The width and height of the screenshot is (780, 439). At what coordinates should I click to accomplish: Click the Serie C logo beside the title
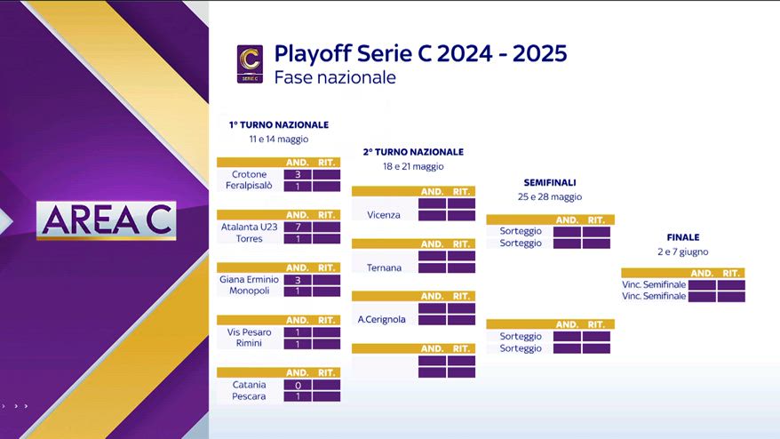250,64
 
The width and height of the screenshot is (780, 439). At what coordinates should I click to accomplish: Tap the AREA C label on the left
106,220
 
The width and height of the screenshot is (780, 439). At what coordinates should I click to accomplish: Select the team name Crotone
250,174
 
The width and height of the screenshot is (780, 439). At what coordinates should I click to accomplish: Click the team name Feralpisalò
250,186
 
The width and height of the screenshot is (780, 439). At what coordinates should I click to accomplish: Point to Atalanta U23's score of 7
298,227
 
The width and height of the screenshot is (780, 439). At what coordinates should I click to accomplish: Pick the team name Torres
250,238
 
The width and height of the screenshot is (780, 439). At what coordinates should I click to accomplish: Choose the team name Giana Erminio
250,279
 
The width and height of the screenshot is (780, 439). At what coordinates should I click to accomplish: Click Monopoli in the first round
250,291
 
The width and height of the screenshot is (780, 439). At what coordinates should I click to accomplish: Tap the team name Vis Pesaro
250,332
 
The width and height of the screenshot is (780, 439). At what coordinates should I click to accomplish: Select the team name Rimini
249,343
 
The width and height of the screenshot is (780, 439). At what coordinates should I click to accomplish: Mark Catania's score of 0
298,385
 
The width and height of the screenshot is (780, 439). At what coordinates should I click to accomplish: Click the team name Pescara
249,396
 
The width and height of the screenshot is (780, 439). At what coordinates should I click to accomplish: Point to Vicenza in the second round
384,215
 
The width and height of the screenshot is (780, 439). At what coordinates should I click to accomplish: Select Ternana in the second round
384,267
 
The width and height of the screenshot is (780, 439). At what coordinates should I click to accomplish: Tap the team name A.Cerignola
381,320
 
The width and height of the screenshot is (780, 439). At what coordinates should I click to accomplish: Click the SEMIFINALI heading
550,183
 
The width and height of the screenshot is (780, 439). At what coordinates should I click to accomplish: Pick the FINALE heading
683,237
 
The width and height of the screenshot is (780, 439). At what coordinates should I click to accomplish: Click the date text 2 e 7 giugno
683,251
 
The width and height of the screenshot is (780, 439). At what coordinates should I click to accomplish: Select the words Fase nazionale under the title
335,77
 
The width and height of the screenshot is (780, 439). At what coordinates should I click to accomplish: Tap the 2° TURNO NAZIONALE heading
413,152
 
